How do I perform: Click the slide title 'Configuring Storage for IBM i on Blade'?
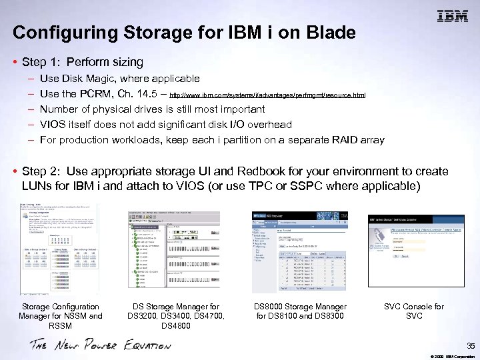click(x=184, y=32)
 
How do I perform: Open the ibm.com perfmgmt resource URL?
click(x=267, y=95)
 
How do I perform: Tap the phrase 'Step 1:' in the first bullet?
click(x=41, y=62)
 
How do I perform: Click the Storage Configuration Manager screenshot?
click(x=59, y=249)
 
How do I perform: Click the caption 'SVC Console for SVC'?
click(x=413, y=311)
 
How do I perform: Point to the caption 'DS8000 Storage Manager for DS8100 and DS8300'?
click(x=300, y=311)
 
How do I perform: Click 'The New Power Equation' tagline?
click(x=100, y=345)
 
